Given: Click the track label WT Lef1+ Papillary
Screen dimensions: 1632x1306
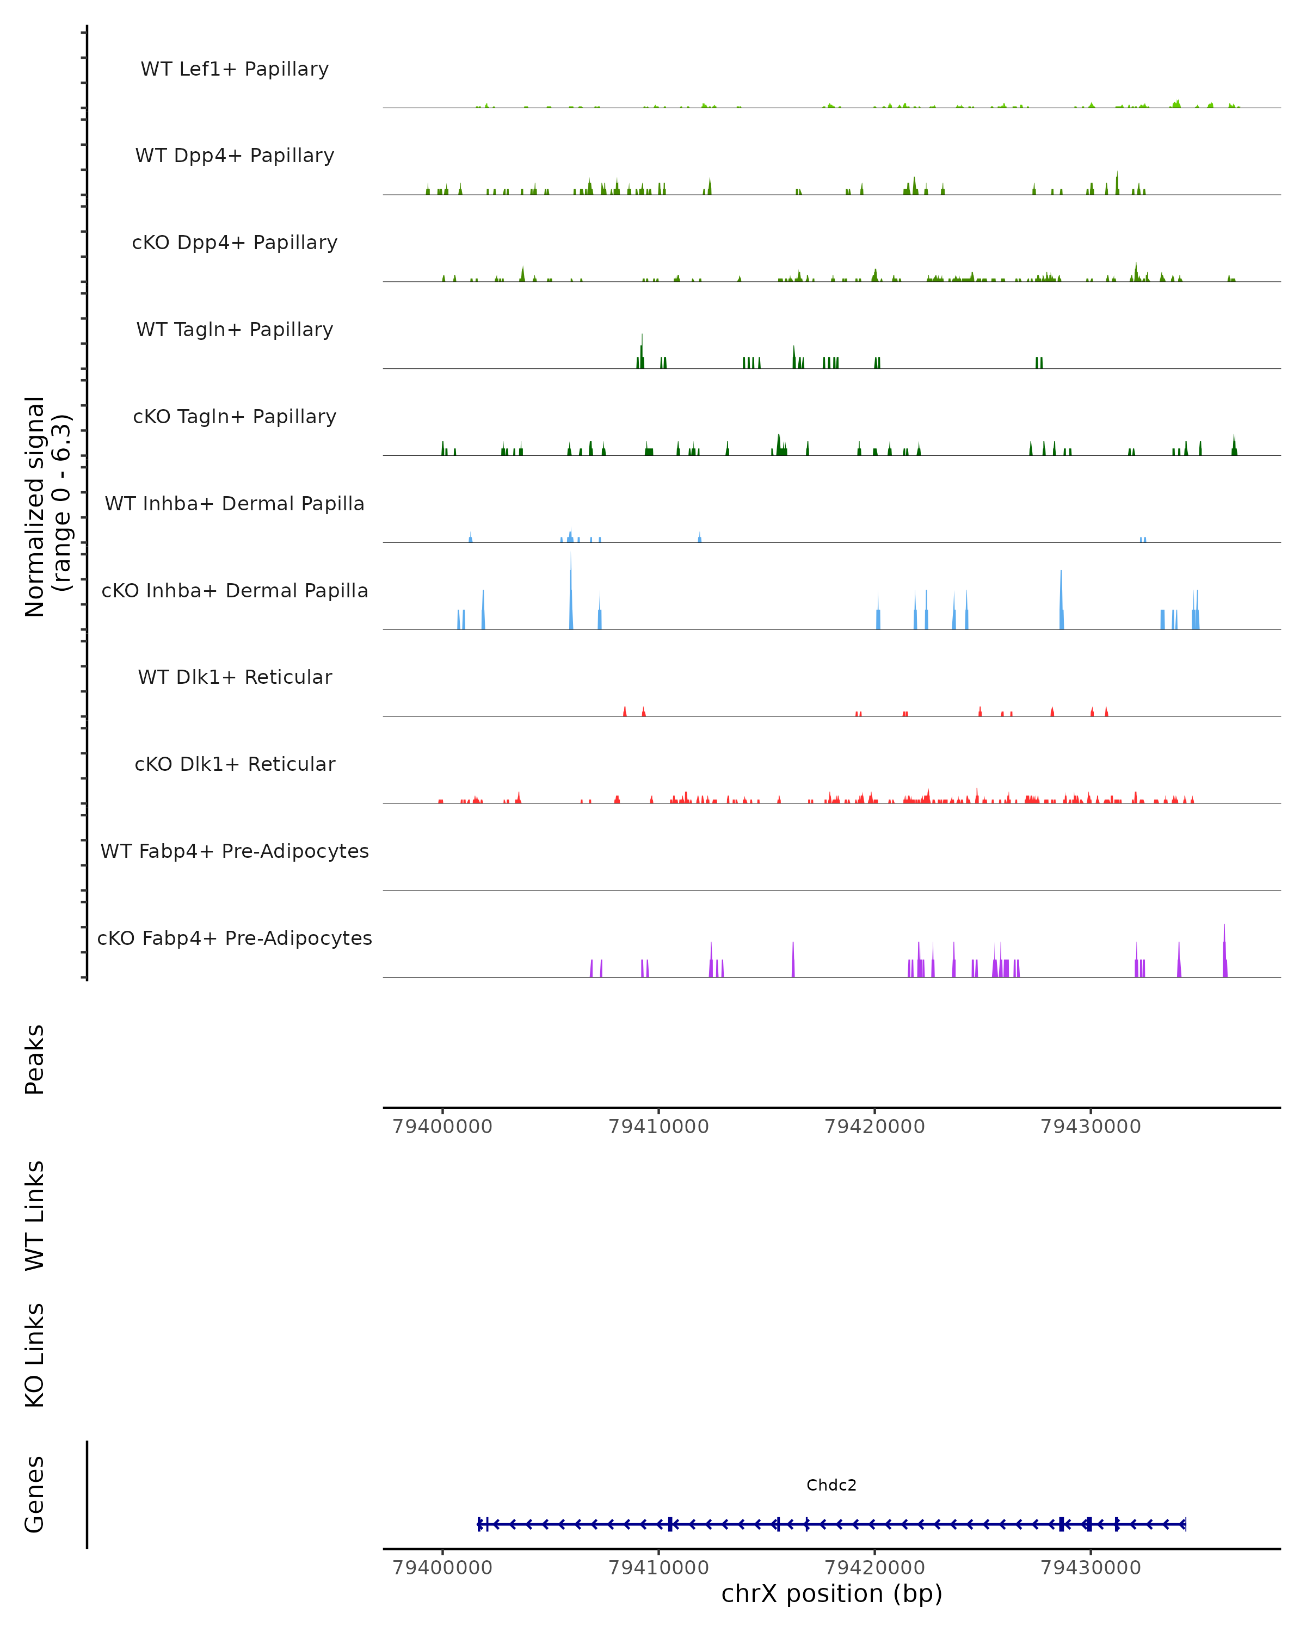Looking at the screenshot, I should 235,69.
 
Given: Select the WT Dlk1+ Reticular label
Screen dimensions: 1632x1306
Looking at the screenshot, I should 235,677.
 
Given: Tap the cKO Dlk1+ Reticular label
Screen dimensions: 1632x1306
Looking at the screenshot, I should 235,764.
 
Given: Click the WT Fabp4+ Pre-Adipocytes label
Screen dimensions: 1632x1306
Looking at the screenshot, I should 235,851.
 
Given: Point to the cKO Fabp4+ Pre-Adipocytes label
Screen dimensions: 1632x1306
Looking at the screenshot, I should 235,938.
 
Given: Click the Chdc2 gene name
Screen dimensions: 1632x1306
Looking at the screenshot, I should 831,1485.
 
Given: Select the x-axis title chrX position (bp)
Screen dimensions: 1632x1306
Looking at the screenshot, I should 831,1593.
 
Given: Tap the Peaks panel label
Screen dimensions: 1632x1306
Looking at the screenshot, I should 35,1059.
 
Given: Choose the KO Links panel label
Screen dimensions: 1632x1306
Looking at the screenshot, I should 35,1355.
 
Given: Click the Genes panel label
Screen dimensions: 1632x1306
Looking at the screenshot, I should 35,1494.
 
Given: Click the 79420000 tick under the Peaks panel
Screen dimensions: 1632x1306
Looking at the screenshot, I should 874,1127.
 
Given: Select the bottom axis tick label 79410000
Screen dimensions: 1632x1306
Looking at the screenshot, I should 658,1568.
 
